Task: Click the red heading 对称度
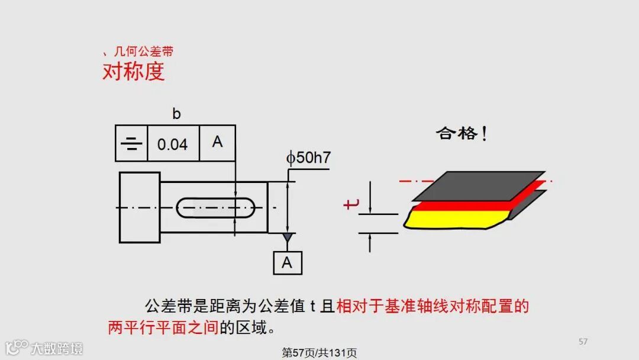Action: pos(133,71)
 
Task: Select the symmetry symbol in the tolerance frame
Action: pos(131,143)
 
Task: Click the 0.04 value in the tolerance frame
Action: pos(172,144)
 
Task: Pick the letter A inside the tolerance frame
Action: pos(217,142)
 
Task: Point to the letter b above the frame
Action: pos(176,114)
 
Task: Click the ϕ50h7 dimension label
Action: pos(308,158)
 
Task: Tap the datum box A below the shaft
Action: pos(287,262)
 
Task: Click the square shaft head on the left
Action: pos(140,207)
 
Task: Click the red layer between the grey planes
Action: pos(473,205)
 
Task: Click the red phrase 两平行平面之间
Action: pos(163,327)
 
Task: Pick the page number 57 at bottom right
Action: pos(583,342)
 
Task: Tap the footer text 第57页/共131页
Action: pos(319,353)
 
